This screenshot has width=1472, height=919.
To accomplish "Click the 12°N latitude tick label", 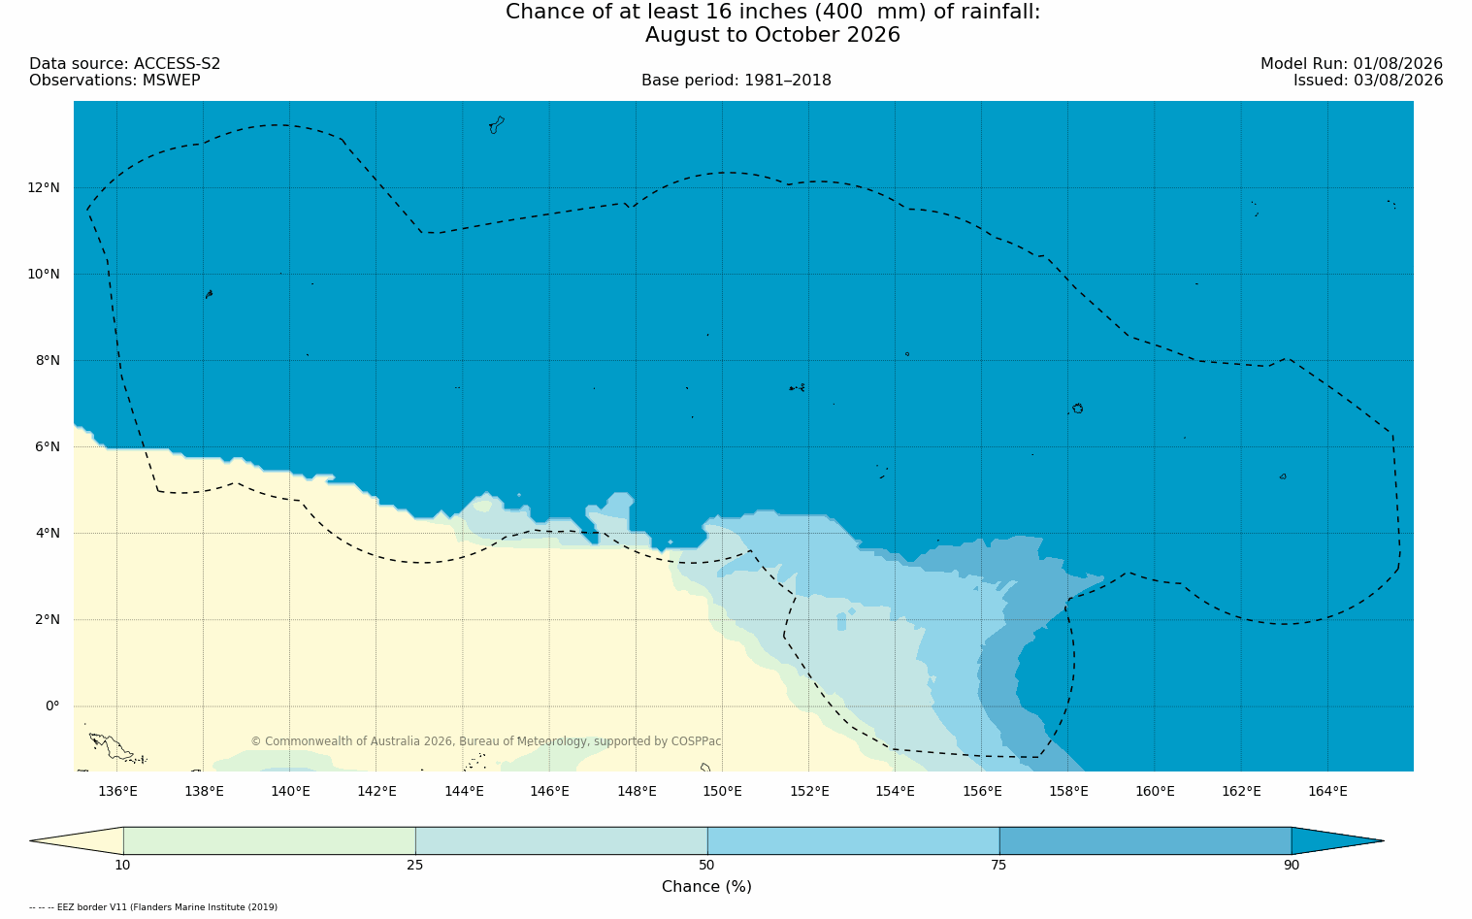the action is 44,188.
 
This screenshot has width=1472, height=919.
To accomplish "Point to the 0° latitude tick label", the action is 52,706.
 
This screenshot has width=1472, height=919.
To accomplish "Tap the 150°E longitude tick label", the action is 722,792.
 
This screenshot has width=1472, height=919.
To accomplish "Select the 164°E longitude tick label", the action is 1327,792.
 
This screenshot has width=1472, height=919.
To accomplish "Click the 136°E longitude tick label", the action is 117,792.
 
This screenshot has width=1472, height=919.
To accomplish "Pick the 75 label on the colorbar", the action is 998,865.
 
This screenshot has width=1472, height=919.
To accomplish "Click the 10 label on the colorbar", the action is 123,865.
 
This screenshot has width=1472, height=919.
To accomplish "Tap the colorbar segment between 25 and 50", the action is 561,840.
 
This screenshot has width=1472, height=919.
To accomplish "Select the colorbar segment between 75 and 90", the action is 1145,840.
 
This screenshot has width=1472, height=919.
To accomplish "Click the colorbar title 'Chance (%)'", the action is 706,887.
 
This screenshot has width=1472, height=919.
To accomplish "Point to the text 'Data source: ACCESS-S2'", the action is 125,64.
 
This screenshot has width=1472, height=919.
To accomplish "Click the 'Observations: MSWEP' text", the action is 115,81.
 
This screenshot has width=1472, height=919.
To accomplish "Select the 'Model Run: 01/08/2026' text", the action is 1351,64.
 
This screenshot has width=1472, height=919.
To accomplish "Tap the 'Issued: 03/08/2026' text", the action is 1368,81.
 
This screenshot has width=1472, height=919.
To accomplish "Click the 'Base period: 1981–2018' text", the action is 736,81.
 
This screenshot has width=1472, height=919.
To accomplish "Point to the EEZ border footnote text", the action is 153,907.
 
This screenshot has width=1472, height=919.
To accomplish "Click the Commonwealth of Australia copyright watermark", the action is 486,741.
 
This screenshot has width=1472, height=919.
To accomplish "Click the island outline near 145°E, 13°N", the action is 497,125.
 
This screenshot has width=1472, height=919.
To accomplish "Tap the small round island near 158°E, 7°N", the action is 1078,409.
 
